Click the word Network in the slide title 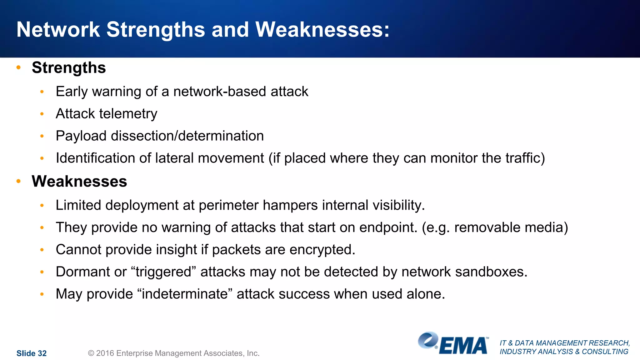click(x=58, y=30)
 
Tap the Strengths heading click(x=69, y=68)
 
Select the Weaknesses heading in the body click(x=79, y=182)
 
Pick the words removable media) click(x=511, y=228)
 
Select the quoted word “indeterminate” click(x=185, y=294)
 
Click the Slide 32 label click(x=31, y=353)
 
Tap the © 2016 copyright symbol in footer click(x=91, y=353)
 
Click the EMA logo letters click(x=463, y=346)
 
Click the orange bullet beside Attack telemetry click(x=42, y=114)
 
